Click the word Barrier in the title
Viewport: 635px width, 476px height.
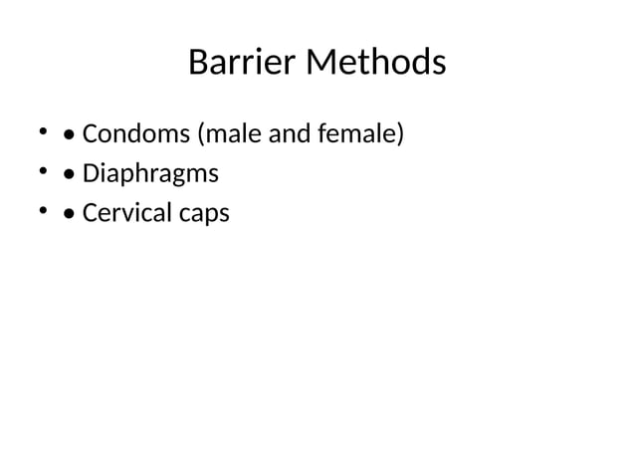click(x=242, y=64)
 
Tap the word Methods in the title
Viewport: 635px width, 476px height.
click(x=376, y=64)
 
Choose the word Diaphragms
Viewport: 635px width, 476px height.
click(x=149, y=174)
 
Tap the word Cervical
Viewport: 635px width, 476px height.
click(x=124, y=213)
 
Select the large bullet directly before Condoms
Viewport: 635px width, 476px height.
click(x=68, y=134)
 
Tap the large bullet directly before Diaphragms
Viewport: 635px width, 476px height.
click(x=68, y=174)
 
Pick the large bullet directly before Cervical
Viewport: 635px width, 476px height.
click(x=68, y=214)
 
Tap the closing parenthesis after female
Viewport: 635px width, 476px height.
click(x=400, y=133)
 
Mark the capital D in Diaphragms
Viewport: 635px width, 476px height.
click(x=91, y=174)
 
